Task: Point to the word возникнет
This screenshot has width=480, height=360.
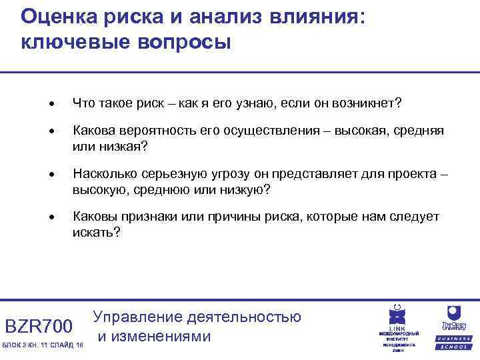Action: pyautogui.click(x=363, y=103)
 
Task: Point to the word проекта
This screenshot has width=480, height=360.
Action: pyautogui.click(x=413, y=175)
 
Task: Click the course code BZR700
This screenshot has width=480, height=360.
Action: pyautogui.click(x=38, y=326)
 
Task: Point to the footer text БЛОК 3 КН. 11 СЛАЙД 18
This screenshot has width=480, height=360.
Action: pyautogui.click(x=43, y=344)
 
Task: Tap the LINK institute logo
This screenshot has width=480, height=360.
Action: pyautogui.click(x=399, y=327)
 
